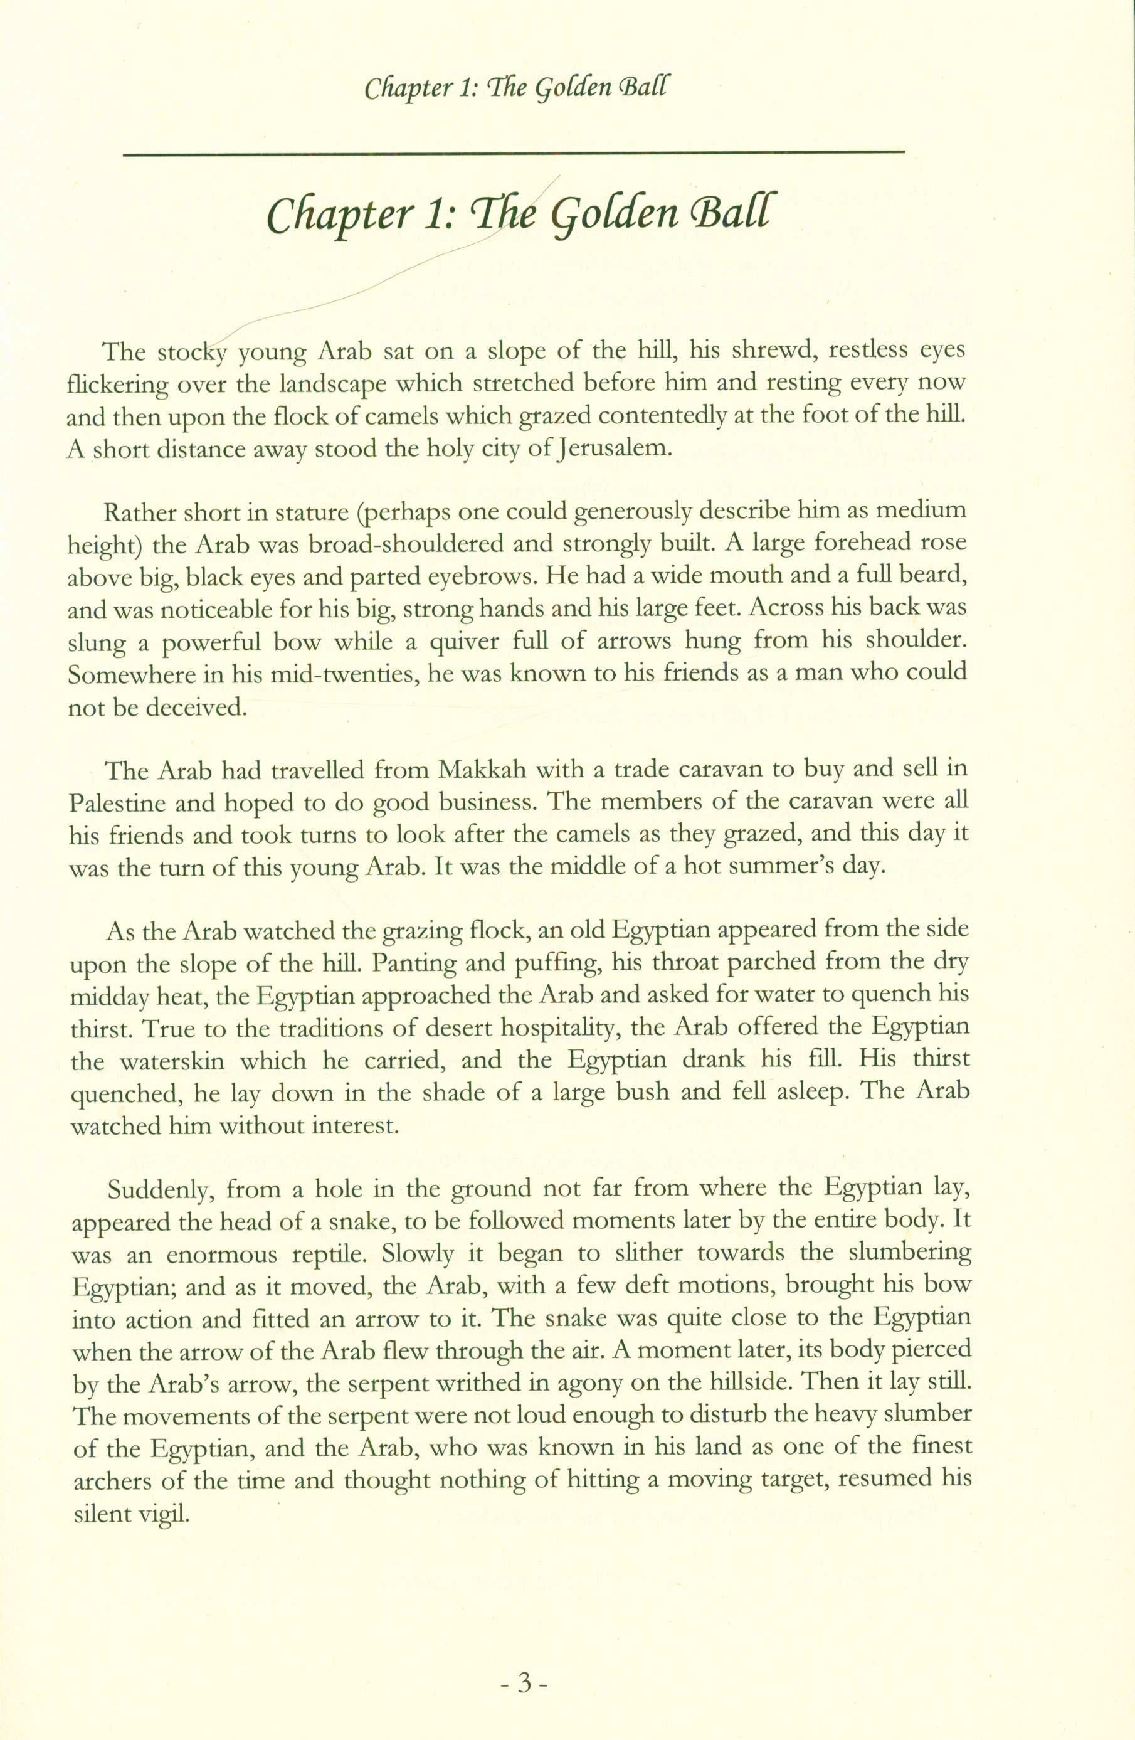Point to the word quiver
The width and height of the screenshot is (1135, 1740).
pyautogui.click(x=441, y=641)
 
